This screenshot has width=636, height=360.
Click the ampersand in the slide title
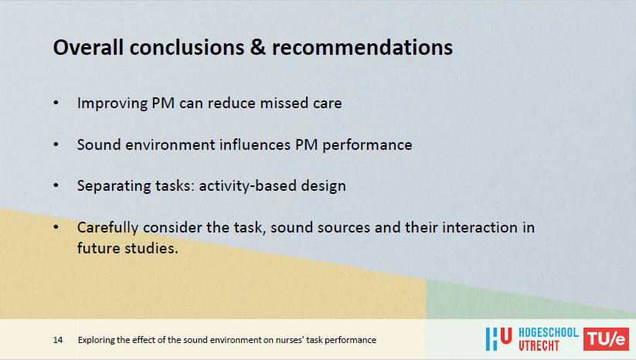(257, 47)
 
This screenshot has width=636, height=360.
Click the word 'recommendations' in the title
(362, 47)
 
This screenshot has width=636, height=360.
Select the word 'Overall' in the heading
(88, 47)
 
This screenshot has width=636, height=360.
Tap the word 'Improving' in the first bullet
(112, 104)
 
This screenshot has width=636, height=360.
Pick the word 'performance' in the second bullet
(367, 145)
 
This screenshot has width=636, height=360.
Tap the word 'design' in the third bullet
(323, 186)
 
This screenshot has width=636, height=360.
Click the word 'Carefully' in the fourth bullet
(108, 228)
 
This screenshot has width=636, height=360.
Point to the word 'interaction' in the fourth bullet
(480, 227)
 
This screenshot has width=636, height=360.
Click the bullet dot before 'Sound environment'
(56, 144)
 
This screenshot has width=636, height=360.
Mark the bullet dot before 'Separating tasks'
(56, 185)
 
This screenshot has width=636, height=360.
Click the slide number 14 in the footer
(58, 340)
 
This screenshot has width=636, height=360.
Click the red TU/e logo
(606, 339)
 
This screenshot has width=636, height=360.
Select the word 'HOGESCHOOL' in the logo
(549, 333)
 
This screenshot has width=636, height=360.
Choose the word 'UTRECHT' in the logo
(539, 346)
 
